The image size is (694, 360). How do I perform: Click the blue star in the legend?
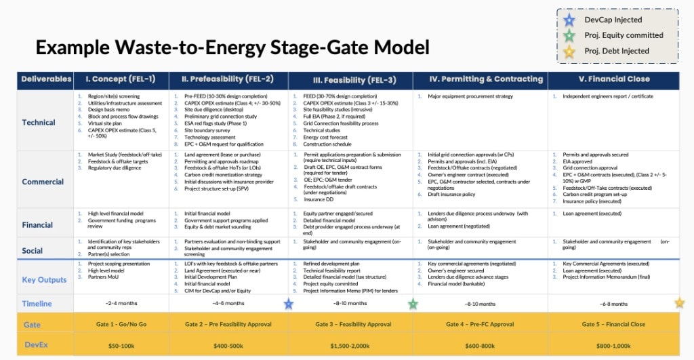click(x=571, y=20)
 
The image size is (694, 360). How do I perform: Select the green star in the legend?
click(x=571, y=35)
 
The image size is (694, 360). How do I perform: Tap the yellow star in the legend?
click(x=571, y=51)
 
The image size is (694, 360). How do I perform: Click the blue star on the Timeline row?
click(x=289, y=304)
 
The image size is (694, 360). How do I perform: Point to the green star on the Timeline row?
click(x=413, y=304)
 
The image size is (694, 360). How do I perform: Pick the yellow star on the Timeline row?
click(x=679, y=303)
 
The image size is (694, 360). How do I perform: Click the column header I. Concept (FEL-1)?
click(x=120, y=79)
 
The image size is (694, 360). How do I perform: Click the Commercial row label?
click(x=43, y=182)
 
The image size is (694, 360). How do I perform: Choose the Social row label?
click(x=32, y=250)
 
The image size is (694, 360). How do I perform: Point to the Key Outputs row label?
click(x=44, y=279)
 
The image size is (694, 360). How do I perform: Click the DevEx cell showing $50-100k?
click(x=120, y=346)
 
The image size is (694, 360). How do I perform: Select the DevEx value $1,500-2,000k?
click(x=349, y=346)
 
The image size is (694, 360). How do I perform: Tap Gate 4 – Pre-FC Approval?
click(x=480, y=325)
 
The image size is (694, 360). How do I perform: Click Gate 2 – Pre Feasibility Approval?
click(x=228, y=325)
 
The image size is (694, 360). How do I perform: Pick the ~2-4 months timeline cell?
click(x=120, y=304)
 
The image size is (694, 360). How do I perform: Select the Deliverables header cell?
click(x=46, y=79)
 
